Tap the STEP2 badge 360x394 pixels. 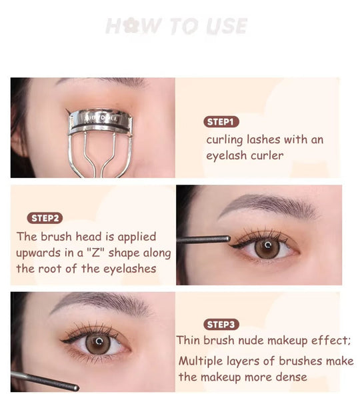click(46, 218)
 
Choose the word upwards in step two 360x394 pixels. click(39, 253)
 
